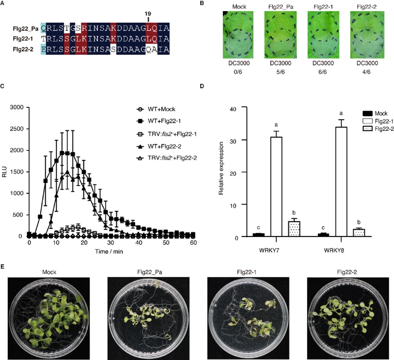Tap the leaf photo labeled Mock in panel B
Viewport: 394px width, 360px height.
[238, 36]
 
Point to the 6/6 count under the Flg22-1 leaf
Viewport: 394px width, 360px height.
[323, 73]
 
